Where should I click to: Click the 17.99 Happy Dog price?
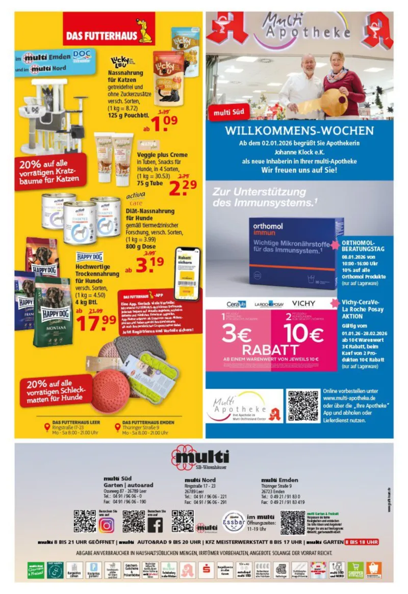tap(96, 319)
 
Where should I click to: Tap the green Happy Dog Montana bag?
tap(53, 311)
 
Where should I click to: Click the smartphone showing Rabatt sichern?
tap(187, 273)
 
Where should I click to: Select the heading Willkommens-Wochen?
tap(299, 130)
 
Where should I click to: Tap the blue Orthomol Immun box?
tap(289, 254)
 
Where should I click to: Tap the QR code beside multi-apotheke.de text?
tap(303, 406)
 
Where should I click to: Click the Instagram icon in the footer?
tap(107, 524)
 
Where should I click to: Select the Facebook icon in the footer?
tap(155, 524)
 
